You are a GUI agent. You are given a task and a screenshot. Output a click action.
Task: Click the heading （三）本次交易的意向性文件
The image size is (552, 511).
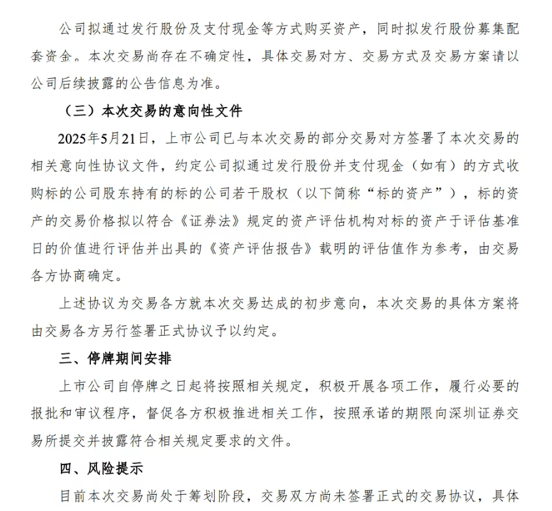[153, 112]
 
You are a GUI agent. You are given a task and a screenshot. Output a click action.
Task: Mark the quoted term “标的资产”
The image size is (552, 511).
[417, 193]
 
